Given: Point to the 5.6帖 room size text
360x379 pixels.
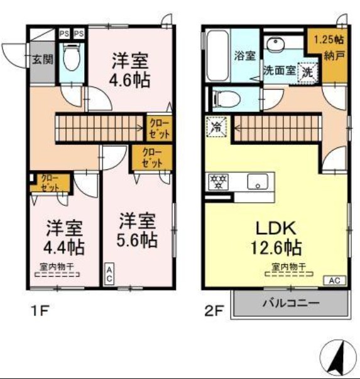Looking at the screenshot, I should pyautogui.click(x=138, y=239).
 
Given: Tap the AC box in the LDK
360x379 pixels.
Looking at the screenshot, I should pyautogui.click(x=333, y=280).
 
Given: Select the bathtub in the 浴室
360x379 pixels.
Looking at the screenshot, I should pyautogui.click(x=217, y=56).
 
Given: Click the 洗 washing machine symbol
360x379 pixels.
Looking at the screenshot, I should pyautogui.click(x=308, y=72).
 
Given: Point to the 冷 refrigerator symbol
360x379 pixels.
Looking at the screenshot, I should pyautogui.click(x=215, y=125).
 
